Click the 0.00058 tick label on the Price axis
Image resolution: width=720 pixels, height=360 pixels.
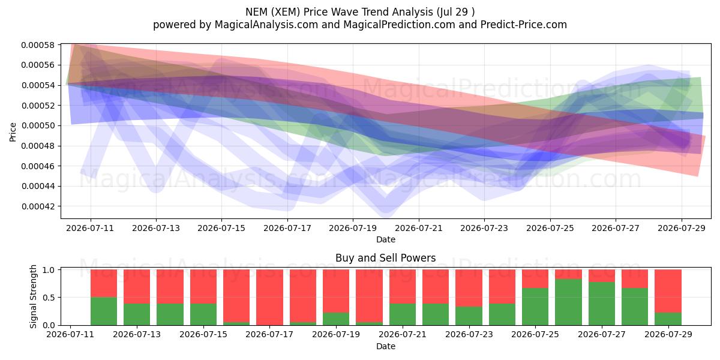(x=37, y=45)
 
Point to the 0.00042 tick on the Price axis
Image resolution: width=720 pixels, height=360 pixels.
(x=37, y=206)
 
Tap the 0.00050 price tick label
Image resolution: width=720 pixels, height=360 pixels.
(x=37, y=125)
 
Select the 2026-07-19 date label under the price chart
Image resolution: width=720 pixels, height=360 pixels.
(x=353, y=228)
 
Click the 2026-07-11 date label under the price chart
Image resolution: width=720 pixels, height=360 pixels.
(x=90, y=228)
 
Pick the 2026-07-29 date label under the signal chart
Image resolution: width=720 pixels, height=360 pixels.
(x=668, y=335)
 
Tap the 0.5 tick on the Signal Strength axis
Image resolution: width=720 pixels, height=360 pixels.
(x=48, y=298)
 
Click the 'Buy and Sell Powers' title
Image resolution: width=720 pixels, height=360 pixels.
(x=386, y=258)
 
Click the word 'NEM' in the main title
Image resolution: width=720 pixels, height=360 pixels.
(x=257, y=12)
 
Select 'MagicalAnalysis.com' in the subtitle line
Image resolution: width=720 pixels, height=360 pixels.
(x=266, y=25)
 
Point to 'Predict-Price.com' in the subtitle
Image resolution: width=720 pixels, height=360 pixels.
(x=524, y=25)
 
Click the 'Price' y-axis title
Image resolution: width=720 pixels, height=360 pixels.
(x=13, y=132)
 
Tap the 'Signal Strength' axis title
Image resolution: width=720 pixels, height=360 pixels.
(x=33, y=296)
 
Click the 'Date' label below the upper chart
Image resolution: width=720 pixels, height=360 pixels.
(x=386, y=240)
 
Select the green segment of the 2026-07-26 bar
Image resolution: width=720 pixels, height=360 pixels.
(x=568, y=302)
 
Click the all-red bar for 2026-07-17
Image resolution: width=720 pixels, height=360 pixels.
(x=269, y=298)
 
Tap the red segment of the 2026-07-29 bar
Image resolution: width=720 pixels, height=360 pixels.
(x=668, y=291)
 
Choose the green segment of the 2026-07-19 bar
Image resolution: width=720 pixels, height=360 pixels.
(x=336, y=319)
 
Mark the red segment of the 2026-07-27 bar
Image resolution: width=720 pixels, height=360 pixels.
(x=602, y=276)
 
